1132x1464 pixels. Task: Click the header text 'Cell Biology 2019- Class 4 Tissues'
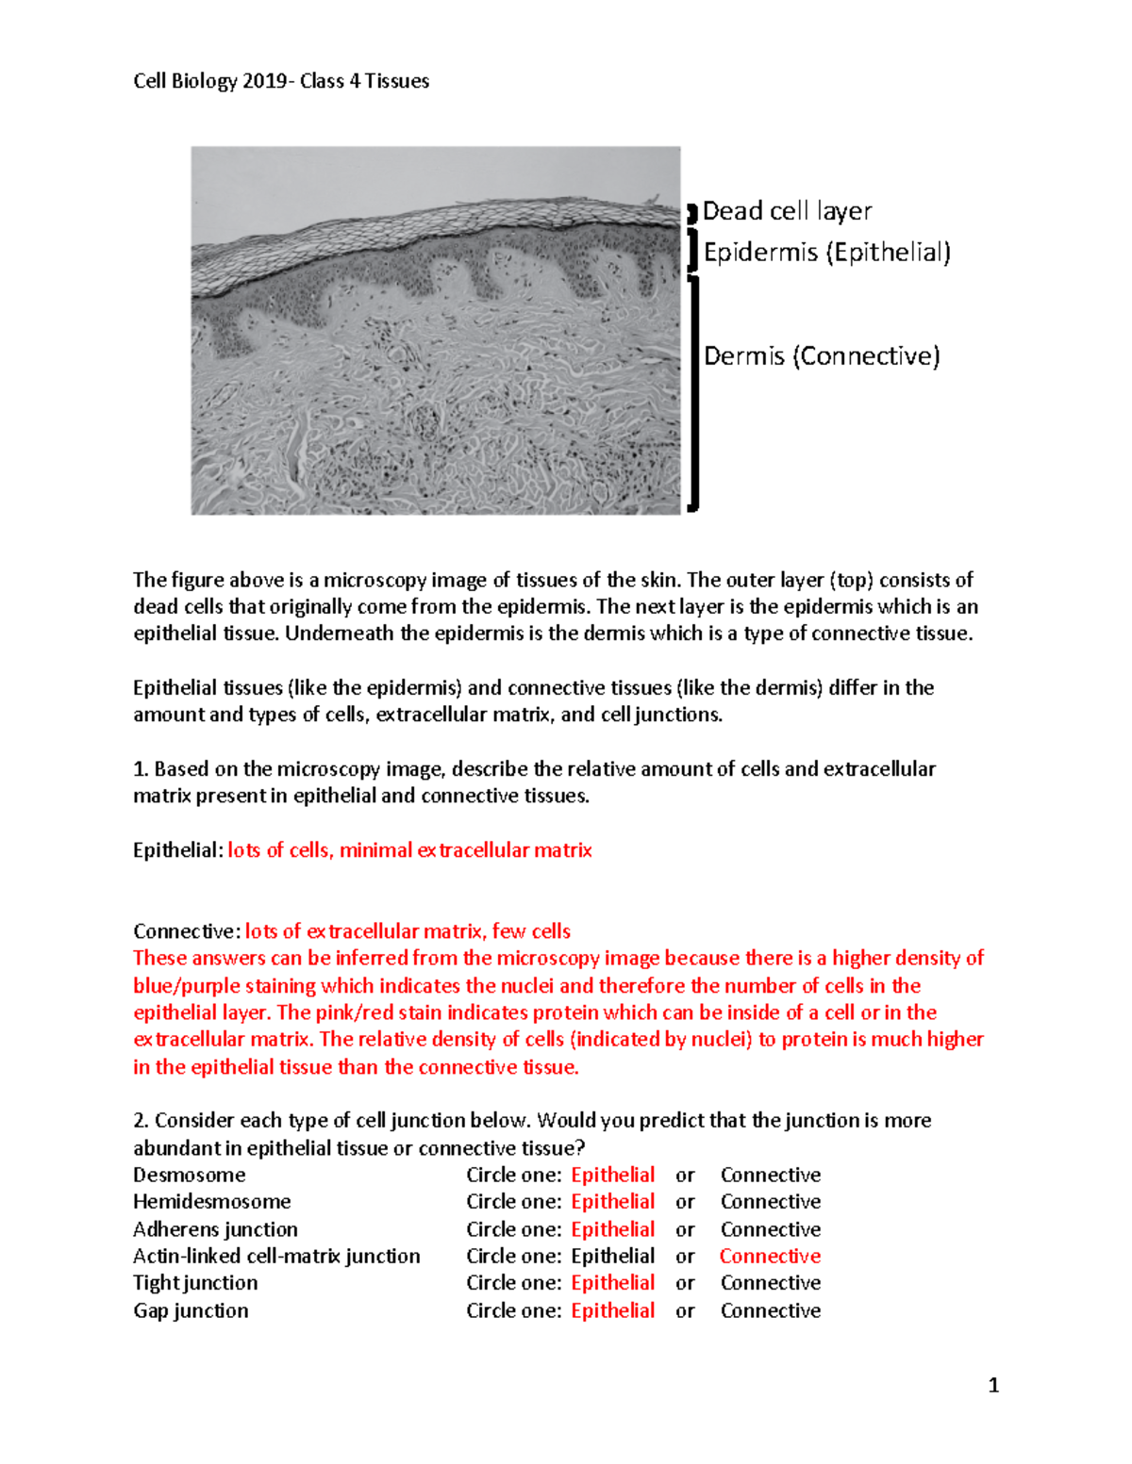281,81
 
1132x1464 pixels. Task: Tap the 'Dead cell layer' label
787,211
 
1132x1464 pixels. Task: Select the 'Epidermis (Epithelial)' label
826,253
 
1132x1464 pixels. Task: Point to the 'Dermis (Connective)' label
822,356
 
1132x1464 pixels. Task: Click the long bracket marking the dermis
694,392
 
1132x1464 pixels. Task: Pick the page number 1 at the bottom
993,1385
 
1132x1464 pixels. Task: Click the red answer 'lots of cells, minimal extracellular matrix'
409,850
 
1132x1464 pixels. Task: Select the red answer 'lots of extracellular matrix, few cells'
408,931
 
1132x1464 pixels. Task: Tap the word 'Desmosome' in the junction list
190,1176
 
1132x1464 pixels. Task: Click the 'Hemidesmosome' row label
212,1202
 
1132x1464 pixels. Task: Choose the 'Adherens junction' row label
215,1229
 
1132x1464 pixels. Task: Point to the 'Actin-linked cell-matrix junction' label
276,1257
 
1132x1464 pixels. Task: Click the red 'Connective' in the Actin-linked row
770,1257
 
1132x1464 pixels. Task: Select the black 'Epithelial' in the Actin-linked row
612,1257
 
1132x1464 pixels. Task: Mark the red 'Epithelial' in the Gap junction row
612,1311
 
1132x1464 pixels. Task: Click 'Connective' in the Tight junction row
770,1283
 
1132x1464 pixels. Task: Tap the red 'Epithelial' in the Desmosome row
612,1176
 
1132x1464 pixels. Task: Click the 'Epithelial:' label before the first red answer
177,850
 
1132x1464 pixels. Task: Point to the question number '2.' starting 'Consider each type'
141,1121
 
